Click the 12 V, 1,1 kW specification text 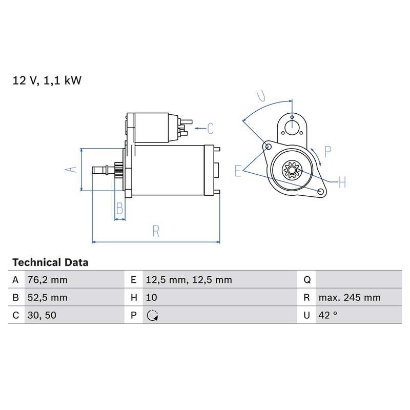[x=47, y=80]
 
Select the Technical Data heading [x=50, y=262]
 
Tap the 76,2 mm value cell [x=48, y=280]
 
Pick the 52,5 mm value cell [x=48, y=298]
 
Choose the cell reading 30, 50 [x=42, y=315]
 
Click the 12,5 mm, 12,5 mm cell [x=189, y=280]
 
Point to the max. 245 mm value [x=350, y=298]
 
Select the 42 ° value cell [x=328, y=315]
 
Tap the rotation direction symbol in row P [x=152, y=315]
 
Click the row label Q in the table [x=307, y=280]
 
